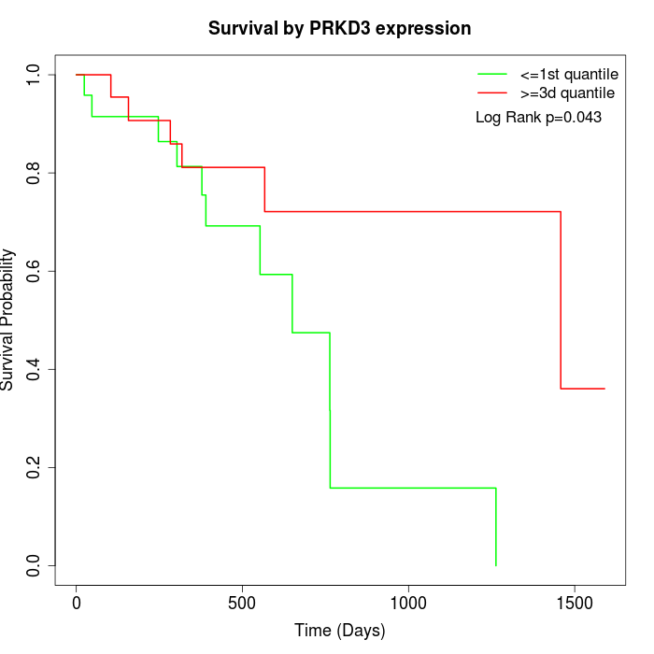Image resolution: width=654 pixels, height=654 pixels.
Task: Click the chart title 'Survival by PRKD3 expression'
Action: click(x=339, y=29)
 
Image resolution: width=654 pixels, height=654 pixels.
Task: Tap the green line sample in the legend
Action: click(x=492, y=73)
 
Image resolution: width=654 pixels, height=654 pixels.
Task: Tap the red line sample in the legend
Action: click(x=492, y=92)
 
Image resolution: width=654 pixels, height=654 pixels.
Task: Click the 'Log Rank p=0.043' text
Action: click(x=538, y=117)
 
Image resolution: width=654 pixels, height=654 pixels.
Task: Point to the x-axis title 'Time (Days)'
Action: click(x=339, y=631)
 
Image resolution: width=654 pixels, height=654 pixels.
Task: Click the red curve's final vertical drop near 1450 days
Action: click(x=561, y=299)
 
